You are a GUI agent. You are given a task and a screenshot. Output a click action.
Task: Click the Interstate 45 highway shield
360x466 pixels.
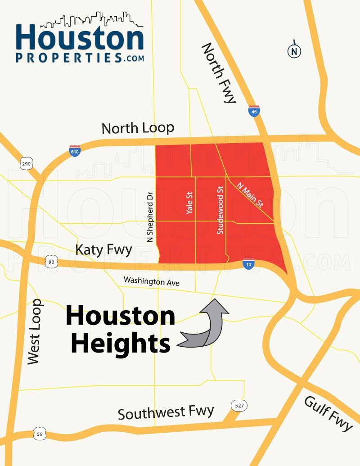point(254,111)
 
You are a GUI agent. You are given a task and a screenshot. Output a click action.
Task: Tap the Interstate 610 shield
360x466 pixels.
point(75,150)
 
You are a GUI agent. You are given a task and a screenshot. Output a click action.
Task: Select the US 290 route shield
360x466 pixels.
point(26,163)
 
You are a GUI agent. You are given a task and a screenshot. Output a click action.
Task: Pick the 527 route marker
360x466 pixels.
point(239,406)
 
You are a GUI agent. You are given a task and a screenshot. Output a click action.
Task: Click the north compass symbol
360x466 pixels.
point(294,50)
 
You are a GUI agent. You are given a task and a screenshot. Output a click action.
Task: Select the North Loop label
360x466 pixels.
point(138,128)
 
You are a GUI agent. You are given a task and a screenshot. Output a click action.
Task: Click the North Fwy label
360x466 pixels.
point(219,73)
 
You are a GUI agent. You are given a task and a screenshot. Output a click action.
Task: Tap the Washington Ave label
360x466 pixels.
point(152,281)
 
